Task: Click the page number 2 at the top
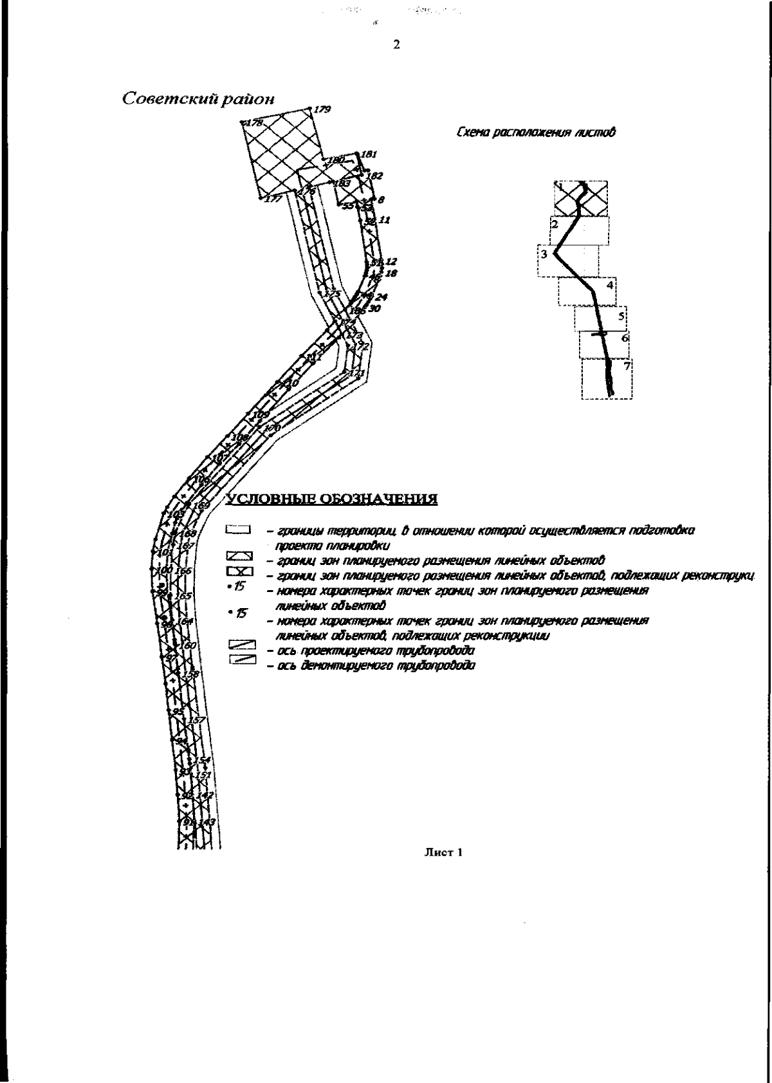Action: point(396,45)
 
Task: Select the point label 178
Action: point(254,122)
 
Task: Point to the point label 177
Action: point(273,199)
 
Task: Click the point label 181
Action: point(369,154)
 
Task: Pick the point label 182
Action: point(374,176)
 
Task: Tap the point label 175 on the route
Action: point(332,293)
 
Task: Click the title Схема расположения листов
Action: point(535,133)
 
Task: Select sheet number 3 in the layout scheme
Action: point(544,254)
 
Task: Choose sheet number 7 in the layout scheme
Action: point(627,366)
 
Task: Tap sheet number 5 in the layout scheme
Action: point(621,316)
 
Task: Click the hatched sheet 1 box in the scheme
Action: point(581,198)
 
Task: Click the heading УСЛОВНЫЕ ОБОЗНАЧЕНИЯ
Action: point(331,499)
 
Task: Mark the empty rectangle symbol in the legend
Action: point(237,530)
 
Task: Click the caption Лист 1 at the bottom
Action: point(443,853)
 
